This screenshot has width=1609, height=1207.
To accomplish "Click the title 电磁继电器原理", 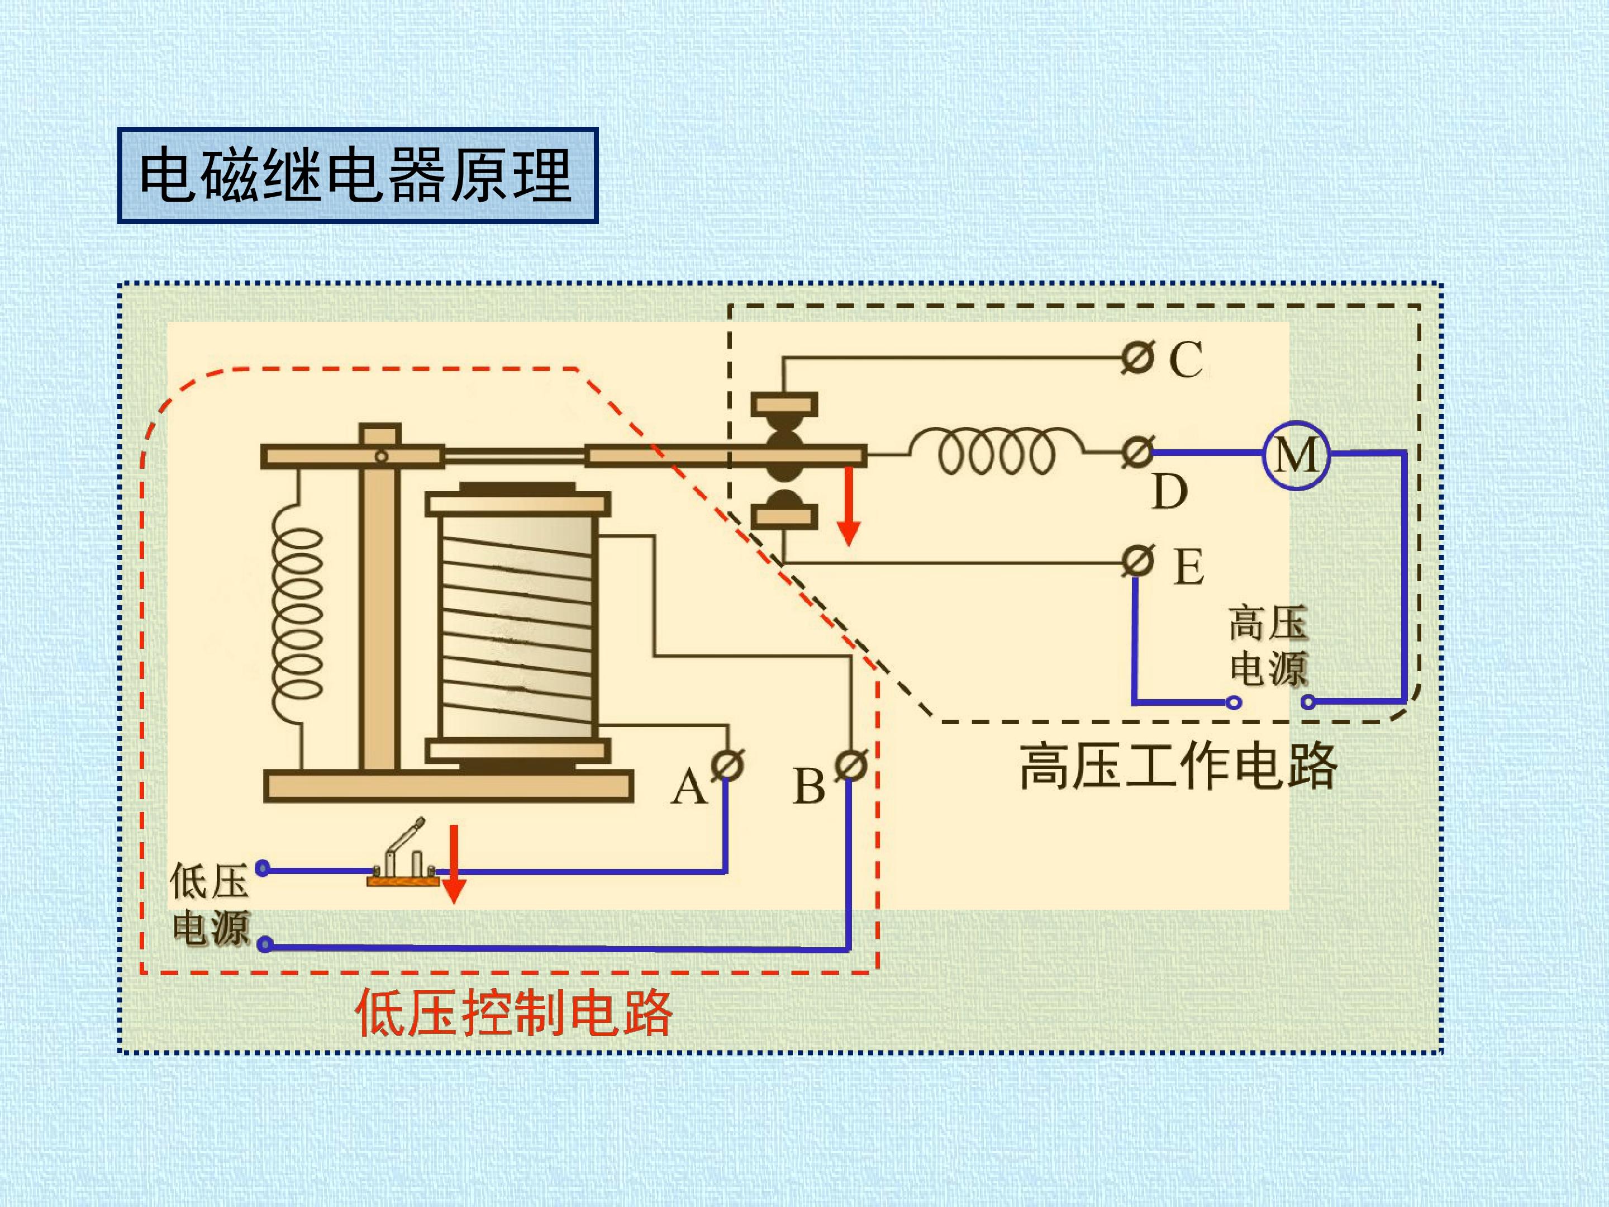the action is coord(356,175).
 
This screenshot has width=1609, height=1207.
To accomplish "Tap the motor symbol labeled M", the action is coord(1296,455).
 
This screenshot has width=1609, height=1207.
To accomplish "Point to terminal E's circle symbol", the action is coord(1137,561).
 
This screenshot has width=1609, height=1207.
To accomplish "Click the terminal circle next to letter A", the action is coord(727,764).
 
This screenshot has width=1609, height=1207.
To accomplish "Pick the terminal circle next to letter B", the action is coord(850,764).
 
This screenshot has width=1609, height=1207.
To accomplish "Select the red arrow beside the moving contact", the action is coord(848,506).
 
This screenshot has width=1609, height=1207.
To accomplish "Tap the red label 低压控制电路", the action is coord(513,1013).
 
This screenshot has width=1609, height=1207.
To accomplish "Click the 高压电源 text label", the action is coord(1268,645).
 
